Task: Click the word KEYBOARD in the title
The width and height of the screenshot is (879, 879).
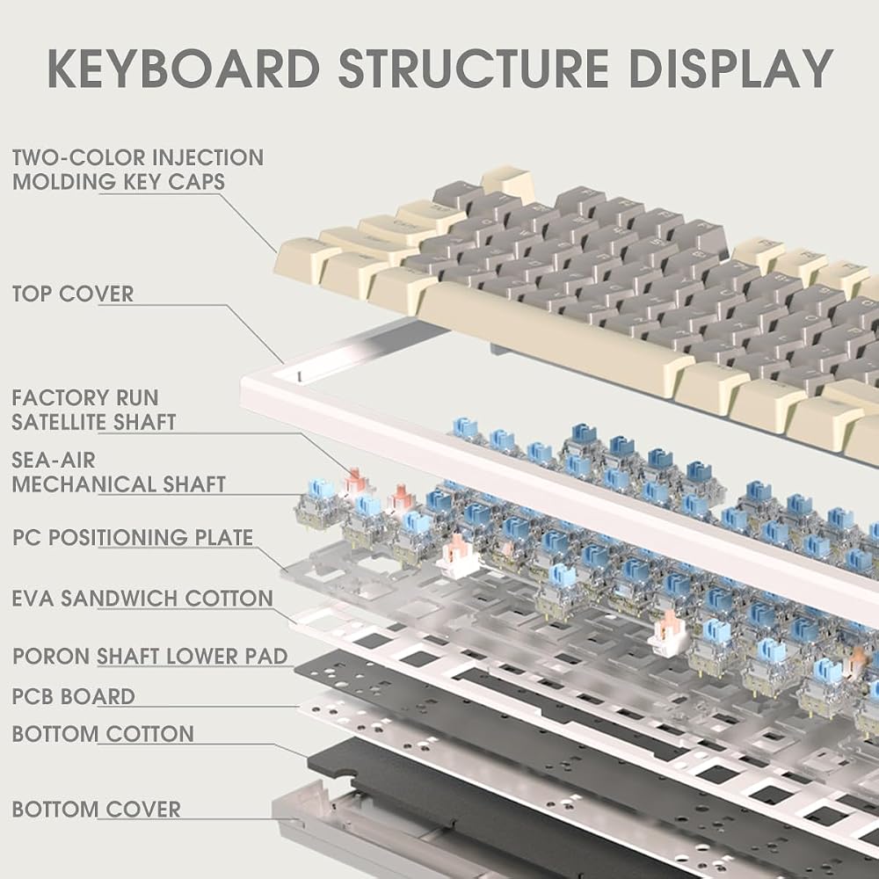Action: tap(184, 69)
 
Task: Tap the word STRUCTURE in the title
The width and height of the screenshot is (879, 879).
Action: tap(474, 69)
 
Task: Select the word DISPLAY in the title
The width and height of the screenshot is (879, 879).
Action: tap(730, 69)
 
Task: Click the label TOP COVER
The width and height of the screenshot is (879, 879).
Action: tap(73, 294)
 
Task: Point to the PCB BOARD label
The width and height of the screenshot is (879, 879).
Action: tap(74, 696)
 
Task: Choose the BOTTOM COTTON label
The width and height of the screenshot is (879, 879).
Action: tap(103, 734)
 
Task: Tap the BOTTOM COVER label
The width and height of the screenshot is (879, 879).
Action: tap(97, 809)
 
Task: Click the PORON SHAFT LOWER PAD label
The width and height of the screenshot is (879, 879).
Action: tap(150, 656)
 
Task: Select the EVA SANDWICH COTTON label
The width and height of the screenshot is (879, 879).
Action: tap(143, 598)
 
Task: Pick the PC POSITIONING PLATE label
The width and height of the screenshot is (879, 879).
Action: tap(133, 537)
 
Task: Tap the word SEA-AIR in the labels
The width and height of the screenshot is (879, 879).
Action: tap(54, 461)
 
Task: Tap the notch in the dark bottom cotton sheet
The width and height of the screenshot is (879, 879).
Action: tap(344, 777)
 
